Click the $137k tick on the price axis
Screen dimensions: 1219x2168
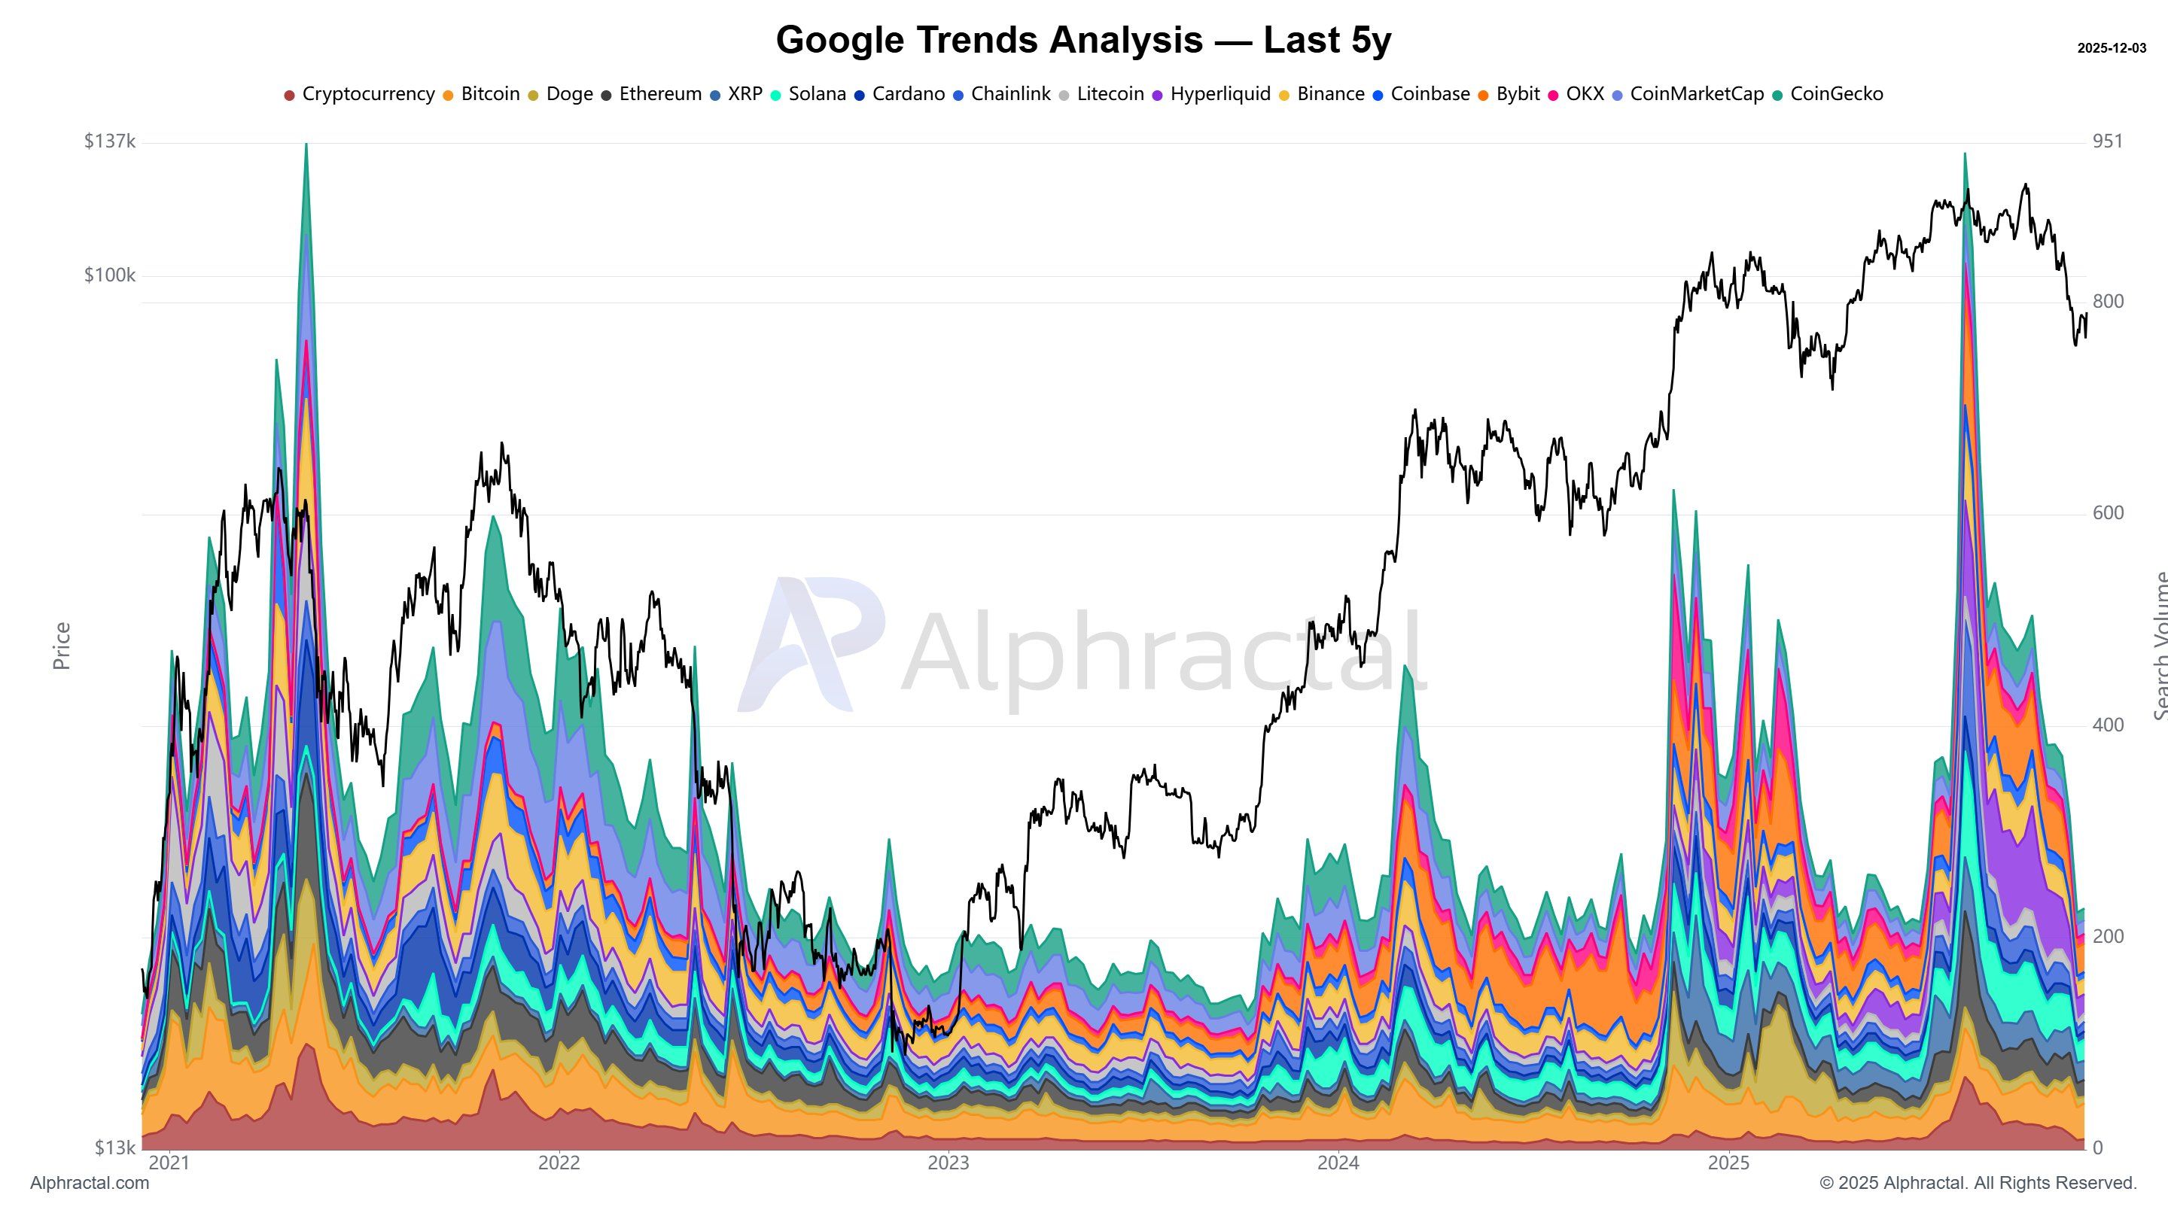tap(109, 141)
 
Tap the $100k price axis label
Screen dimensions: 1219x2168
tap(109, 276)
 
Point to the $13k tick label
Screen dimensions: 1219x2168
tap(114, 1148)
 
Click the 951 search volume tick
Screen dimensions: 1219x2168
tap(2108, 141)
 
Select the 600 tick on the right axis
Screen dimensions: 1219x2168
tap(2108, 513)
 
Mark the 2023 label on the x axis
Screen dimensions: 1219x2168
tap(948, 1163)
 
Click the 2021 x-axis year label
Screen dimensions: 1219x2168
tap(170, 1163)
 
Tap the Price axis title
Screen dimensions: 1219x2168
tap(62, 646)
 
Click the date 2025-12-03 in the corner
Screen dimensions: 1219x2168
tap(2111, 49)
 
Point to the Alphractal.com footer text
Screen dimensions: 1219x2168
tap(90, 1184)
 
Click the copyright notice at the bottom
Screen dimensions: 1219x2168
tap(1978, 1184)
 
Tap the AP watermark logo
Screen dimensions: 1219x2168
tap(810, 643)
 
